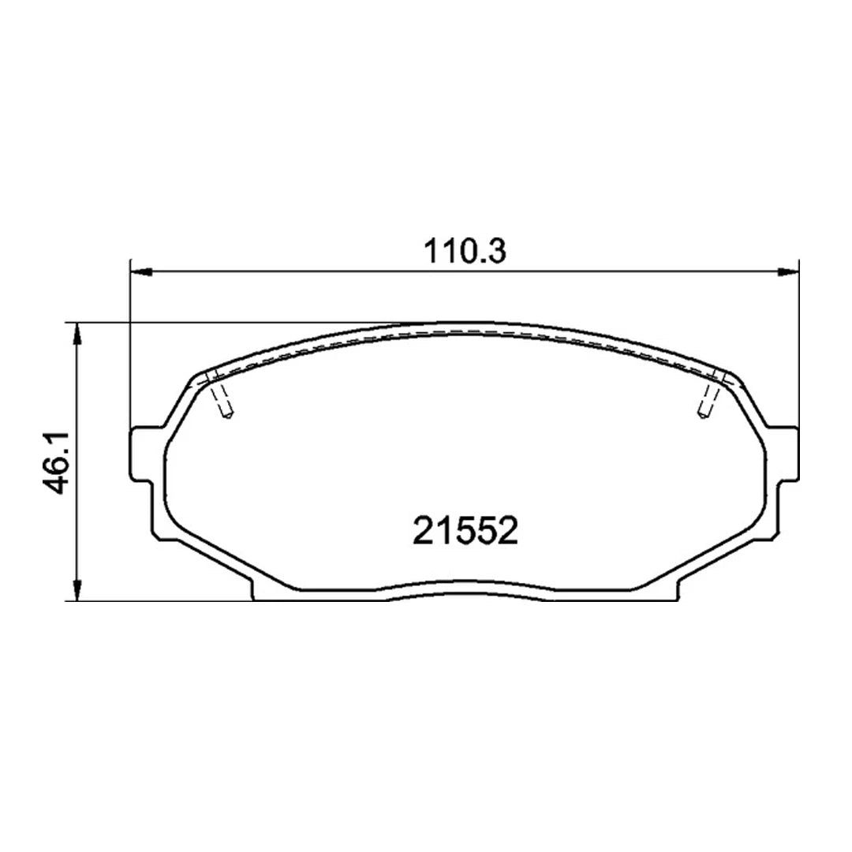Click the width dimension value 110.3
(464, 252)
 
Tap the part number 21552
(465, 531)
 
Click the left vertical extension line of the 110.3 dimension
(129, 347)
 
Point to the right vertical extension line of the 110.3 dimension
(799, 347)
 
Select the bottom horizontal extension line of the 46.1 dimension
(158, 601)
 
